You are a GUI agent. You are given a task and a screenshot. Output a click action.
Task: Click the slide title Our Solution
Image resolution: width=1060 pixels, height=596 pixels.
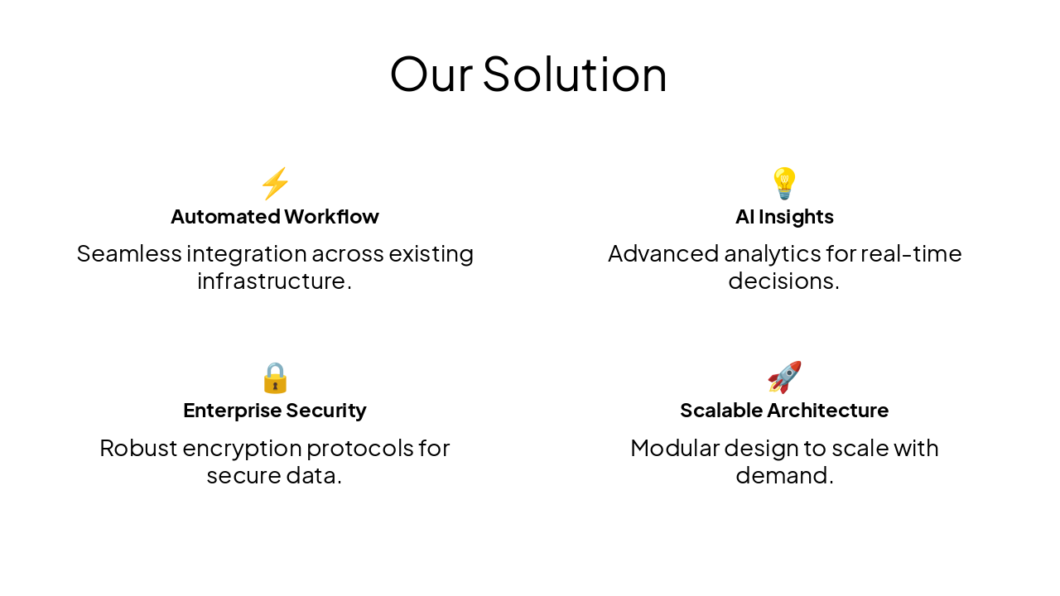click(x=528, y=74)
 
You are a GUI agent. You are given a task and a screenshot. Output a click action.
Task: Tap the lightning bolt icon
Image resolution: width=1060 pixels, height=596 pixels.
click(x=275, y=183)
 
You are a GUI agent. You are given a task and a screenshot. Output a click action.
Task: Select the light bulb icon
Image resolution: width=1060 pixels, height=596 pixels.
click(x=784, y=183)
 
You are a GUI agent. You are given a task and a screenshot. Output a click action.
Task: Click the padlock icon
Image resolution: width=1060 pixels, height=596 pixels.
click(x=275, y=377)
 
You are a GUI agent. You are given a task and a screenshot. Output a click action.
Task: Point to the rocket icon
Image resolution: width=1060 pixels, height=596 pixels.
click(x=784, y=377)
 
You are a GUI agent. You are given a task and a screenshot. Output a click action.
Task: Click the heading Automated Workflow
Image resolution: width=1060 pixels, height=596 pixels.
click(x=275, y=217)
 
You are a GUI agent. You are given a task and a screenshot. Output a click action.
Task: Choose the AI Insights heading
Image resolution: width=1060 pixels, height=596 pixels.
click(x=784, y=217)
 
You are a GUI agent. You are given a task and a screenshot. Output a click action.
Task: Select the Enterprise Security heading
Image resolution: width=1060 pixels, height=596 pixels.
click(x=275, y=411)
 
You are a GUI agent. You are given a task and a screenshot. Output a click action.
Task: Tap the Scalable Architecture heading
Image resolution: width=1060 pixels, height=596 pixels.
click(x=784, y=411)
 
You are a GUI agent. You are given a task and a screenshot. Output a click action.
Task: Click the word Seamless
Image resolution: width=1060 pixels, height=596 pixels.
click(x=129, y=253)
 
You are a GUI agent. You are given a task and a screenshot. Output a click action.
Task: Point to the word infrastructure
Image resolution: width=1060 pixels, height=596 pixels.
click(x=271, y=281)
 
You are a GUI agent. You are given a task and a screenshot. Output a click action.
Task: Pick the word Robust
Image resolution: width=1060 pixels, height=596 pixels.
click(x=137, y=448)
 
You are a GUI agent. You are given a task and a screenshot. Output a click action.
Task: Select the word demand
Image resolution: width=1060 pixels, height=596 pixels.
click(x=781, y=476)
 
